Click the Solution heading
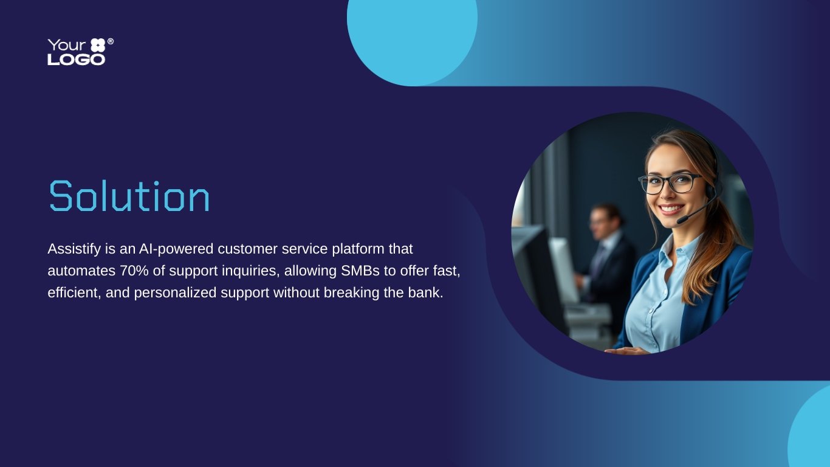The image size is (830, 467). click(x=129, y=196)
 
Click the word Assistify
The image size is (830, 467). click(x=74, y=249)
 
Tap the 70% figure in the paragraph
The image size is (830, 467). click(x=134, y=271)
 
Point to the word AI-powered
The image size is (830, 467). click(x=176, y=249)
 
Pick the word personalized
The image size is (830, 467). click(x=175, y=293)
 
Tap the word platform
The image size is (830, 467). click(x=358, y=249)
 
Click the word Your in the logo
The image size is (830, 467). click(x=67, y=45)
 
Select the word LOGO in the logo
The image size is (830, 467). click(x=77, y=60)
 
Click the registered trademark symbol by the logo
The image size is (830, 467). click(x=111, y=41)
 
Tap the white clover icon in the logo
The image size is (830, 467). click(x=98, y=45)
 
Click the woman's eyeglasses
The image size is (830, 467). click(x=671, y=184)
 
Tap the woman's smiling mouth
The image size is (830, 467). click(x=671, y=209)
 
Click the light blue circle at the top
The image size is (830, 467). click(x=412, y=37)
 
